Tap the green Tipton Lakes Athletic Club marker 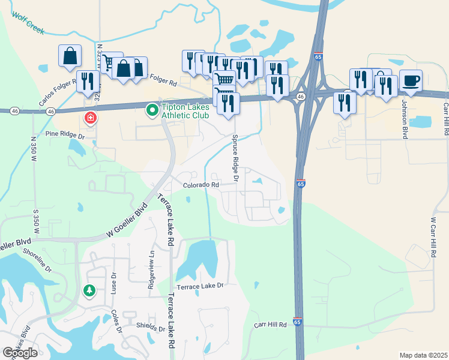(152, 110)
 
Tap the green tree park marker (89, 290)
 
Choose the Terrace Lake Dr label (203, 286)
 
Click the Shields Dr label (149, 328)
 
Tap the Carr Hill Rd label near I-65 (270, 325)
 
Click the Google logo (20, 353)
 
